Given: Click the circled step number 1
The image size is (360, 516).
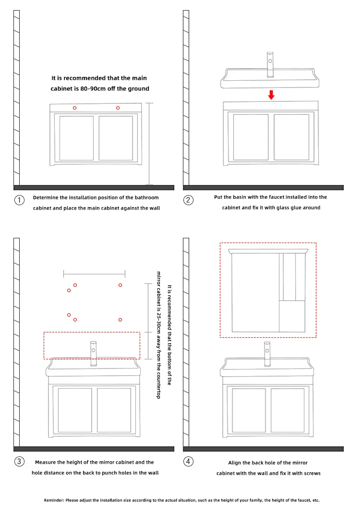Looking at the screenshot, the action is point(19,200).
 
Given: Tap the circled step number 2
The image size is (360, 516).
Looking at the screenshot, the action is point(188,200).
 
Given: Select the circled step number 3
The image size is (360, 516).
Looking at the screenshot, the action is point(19,461).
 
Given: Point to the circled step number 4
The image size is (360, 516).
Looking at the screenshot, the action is point(188,461).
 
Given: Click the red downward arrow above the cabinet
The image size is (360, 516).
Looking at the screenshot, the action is point(271,95).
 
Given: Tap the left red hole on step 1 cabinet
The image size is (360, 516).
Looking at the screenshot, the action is point(74,108).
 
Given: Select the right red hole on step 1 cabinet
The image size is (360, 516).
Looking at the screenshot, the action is point(118,108).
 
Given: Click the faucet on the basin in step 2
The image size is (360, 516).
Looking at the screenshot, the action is point(270,64).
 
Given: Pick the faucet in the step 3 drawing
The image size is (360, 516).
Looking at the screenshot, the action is point(94,354).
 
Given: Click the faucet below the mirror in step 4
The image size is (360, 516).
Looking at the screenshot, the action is point(267,354).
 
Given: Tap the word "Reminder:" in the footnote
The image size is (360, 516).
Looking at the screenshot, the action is point(54,500).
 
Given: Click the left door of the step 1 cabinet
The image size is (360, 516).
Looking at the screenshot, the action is point(77,138).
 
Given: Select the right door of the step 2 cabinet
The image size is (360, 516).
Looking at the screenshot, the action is point(292,137).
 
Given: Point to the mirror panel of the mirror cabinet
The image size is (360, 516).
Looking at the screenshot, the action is point(255,293).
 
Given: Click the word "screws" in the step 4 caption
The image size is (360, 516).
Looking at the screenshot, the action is point(312,473).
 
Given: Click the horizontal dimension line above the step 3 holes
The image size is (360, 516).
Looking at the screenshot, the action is point(95,273).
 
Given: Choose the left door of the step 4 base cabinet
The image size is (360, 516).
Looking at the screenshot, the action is point(249,410).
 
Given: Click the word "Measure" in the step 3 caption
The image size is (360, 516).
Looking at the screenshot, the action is point(46,462).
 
